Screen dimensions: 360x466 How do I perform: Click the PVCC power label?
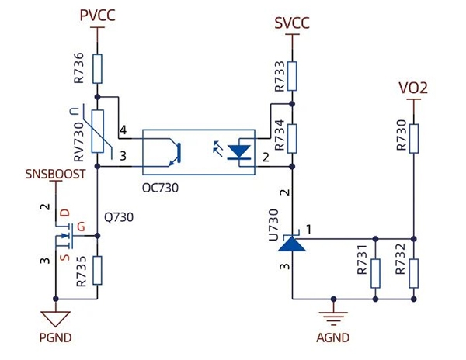97,15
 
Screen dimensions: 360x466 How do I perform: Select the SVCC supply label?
292,22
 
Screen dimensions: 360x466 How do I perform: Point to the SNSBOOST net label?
55,174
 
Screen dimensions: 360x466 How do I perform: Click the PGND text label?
55,339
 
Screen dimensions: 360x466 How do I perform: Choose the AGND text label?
333,337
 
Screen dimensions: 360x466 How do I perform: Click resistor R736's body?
97,69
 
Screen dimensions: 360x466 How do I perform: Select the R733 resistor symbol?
292,75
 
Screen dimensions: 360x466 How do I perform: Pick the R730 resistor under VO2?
414,138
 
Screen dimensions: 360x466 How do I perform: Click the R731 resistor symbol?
376,272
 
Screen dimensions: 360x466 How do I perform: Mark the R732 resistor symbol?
414,272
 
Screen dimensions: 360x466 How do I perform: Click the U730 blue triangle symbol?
292,243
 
